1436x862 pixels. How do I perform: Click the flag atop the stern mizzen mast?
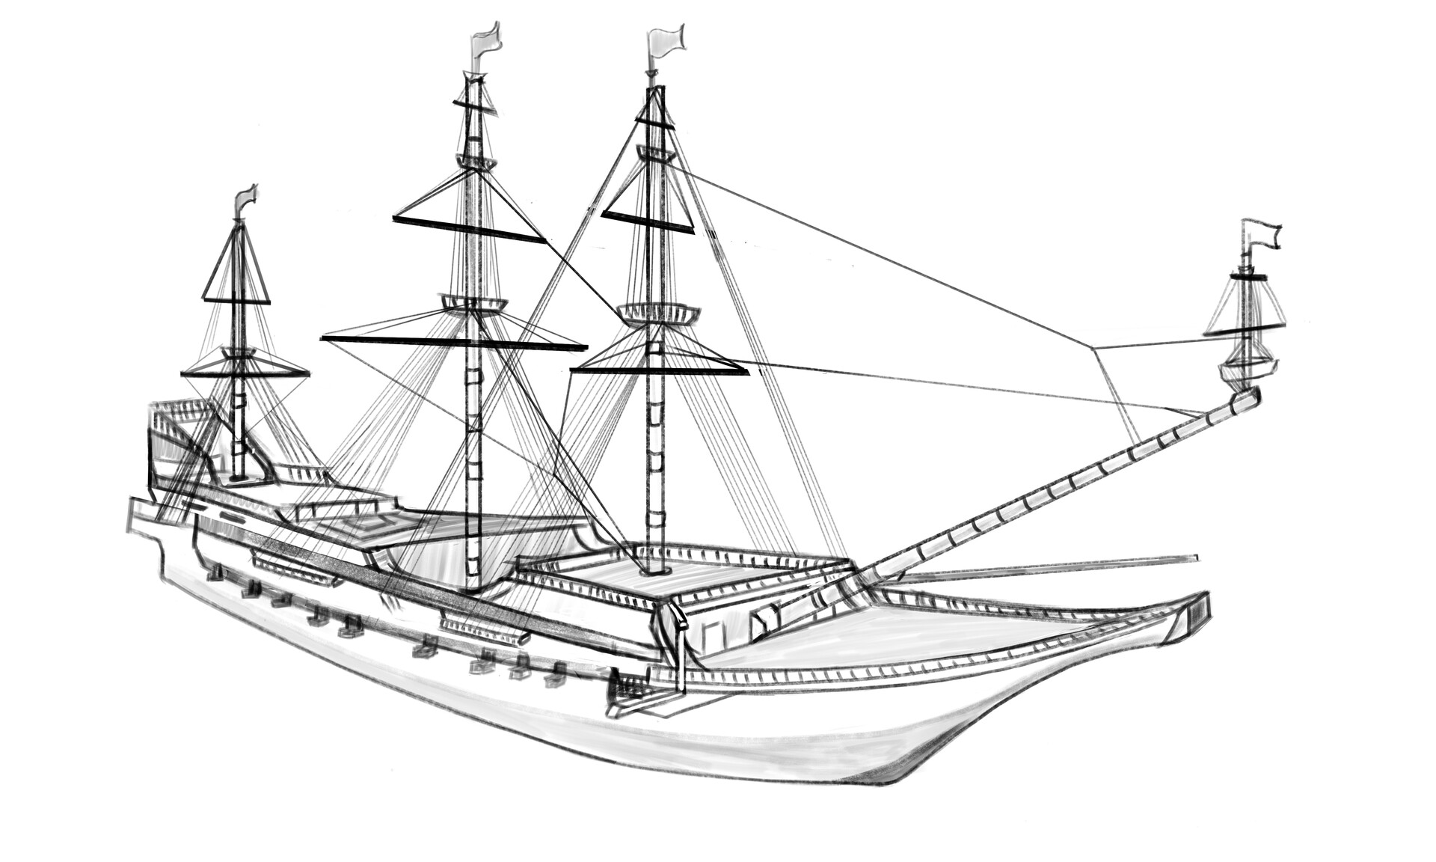[x=246, y=198]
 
